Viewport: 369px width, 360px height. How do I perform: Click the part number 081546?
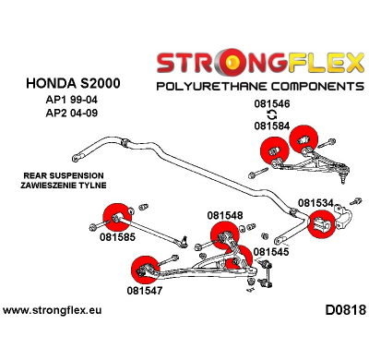[273, 105]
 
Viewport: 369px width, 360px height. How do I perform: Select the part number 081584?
[273, 126]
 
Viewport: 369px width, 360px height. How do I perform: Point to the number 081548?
[225, 216]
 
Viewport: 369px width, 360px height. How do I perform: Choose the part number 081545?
[271, 251]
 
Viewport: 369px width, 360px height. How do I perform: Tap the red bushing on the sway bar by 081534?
[320, 225]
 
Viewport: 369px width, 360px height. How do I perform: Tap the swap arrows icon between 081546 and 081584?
[273, 116]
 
